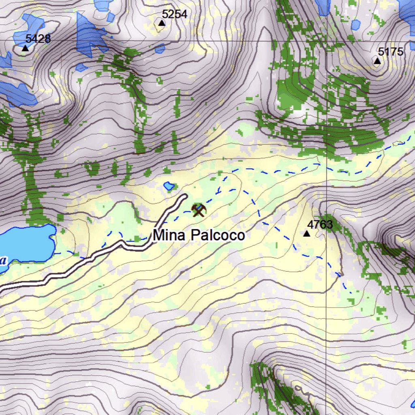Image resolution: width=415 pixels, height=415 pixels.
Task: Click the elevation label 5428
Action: pyautogui.click(x=38, y=39)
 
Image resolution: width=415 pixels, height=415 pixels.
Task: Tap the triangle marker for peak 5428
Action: pyautogui.click(x=25, y=48)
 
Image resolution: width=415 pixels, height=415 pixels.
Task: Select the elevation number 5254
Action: pyautogui.click(x=174, y=14)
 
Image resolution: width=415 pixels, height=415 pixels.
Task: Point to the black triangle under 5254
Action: pyautogui.click(x=162, y=23)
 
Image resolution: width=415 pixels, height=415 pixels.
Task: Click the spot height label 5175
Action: pyautogui.click(x=391, y=52)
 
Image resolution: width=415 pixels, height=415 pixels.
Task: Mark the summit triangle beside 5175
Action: pyautogui.click(x=377, y=61)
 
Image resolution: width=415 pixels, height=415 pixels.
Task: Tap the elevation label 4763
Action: pyautogui.click(x=320, y=225)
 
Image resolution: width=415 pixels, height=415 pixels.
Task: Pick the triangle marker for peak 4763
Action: pyautogui.click(x=307, y=234)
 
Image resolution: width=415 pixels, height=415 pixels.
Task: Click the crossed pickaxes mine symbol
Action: pyautogui.click(x=199, y=210)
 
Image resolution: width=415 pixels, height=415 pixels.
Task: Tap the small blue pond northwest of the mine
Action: pyautogui.click(x=169, y=186)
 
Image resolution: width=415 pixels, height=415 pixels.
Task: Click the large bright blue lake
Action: pyautogui.click(x=26, y=243)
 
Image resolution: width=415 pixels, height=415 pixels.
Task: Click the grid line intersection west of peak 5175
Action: pyautogui.click(x=327, y=41)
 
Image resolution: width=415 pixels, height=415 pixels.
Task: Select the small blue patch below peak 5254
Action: pyautogui.click(x=160, y=49)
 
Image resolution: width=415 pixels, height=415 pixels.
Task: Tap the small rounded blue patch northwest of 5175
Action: pyautogui.click(x=355, y=25)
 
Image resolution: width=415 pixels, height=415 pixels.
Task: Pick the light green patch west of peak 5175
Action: pyautogui.click(x=292, y=97)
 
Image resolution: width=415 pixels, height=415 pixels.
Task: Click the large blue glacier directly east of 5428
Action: pyautogui.click(x=89, y=36)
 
